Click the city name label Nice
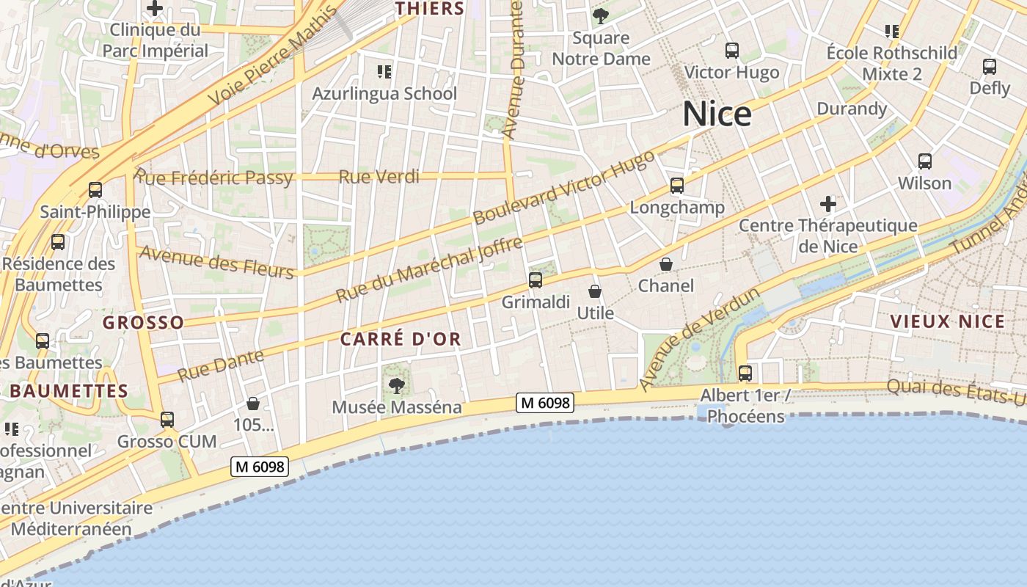(717, 114)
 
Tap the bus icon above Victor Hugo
(732, 51)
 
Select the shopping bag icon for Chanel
(666, 264)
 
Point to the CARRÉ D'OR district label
(401, 339)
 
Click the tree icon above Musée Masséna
(397, 385)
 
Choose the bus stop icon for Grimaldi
(536, 280)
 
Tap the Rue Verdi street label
(379, 177)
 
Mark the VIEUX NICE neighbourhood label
(947, 321)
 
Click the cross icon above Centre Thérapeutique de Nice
(828, 203)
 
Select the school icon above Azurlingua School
(384, 72)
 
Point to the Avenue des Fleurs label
(216, 262)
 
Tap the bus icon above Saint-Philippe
(95, 190)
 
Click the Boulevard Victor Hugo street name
(563, 189)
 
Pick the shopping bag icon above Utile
(595, 292)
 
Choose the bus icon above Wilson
(925, 161)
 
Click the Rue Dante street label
(221, 365)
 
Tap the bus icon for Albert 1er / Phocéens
(745, 373)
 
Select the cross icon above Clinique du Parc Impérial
(155, 9)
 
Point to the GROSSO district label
(143, 323)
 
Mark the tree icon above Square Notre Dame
(601, 16)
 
